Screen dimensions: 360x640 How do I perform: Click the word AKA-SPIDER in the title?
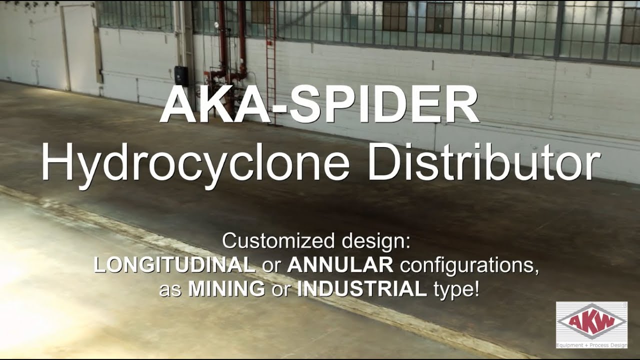[319, 106]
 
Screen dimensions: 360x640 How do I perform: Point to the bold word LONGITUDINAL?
[174, 265]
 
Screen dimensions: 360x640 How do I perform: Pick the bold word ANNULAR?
[340, 265]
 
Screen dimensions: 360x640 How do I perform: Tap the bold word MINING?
[226, 289]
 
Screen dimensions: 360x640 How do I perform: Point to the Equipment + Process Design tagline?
[591, 344]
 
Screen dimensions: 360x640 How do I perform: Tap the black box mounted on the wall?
[180, 75]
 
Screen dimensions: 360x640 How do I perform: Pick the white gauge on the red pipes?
[216, 24]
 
